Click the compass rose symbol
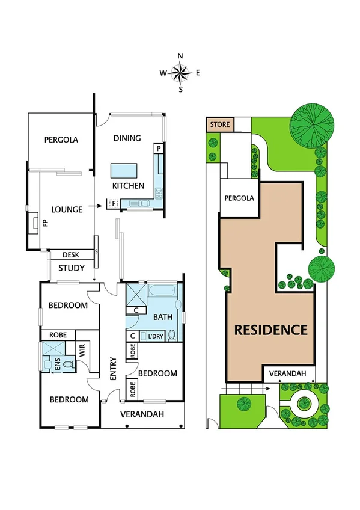coord(180,73)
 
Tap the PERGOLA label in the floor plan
coord(61,140)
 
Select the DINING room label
coord(127,138)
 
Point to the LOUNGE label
coord(67,210)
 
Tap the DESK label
coord(71,255)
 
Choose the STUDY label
coord(72,268)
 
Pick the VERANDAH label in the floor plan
coord(142,414)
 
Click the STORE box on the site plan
coord(220,125)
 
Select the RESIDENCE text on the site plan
coord(270,330)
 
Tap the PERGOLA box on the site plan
coord(239,198)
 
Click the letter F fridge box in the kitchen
coord(113,204)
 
